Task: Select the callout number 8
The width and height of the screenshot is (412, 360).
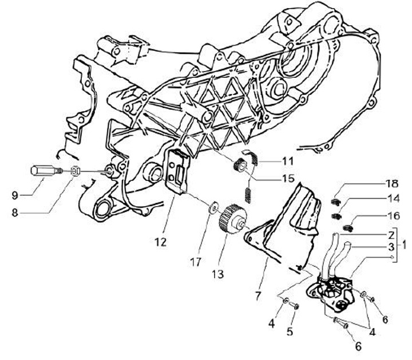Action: (x=15, y=212)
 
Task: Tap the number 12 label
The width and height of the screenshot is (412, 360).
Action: (x=160, y=242)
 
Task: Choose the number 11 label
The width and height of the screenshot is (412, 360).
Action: (x=287, y=160)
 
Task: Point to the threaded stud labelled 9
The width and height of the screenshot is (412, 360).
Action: (x=42, y=171)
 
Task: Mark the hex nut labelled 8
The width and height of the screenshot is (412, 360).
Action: (x=74, y=171)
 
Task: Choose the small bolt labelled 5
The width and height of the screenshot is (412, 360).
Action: (x=294, y=306)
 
